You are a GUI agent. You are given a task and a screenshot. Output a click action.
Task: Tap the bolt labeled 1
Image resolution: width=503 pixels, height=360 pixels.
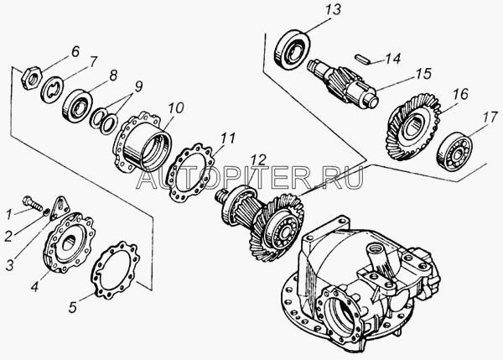click(x=34, y=203)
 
